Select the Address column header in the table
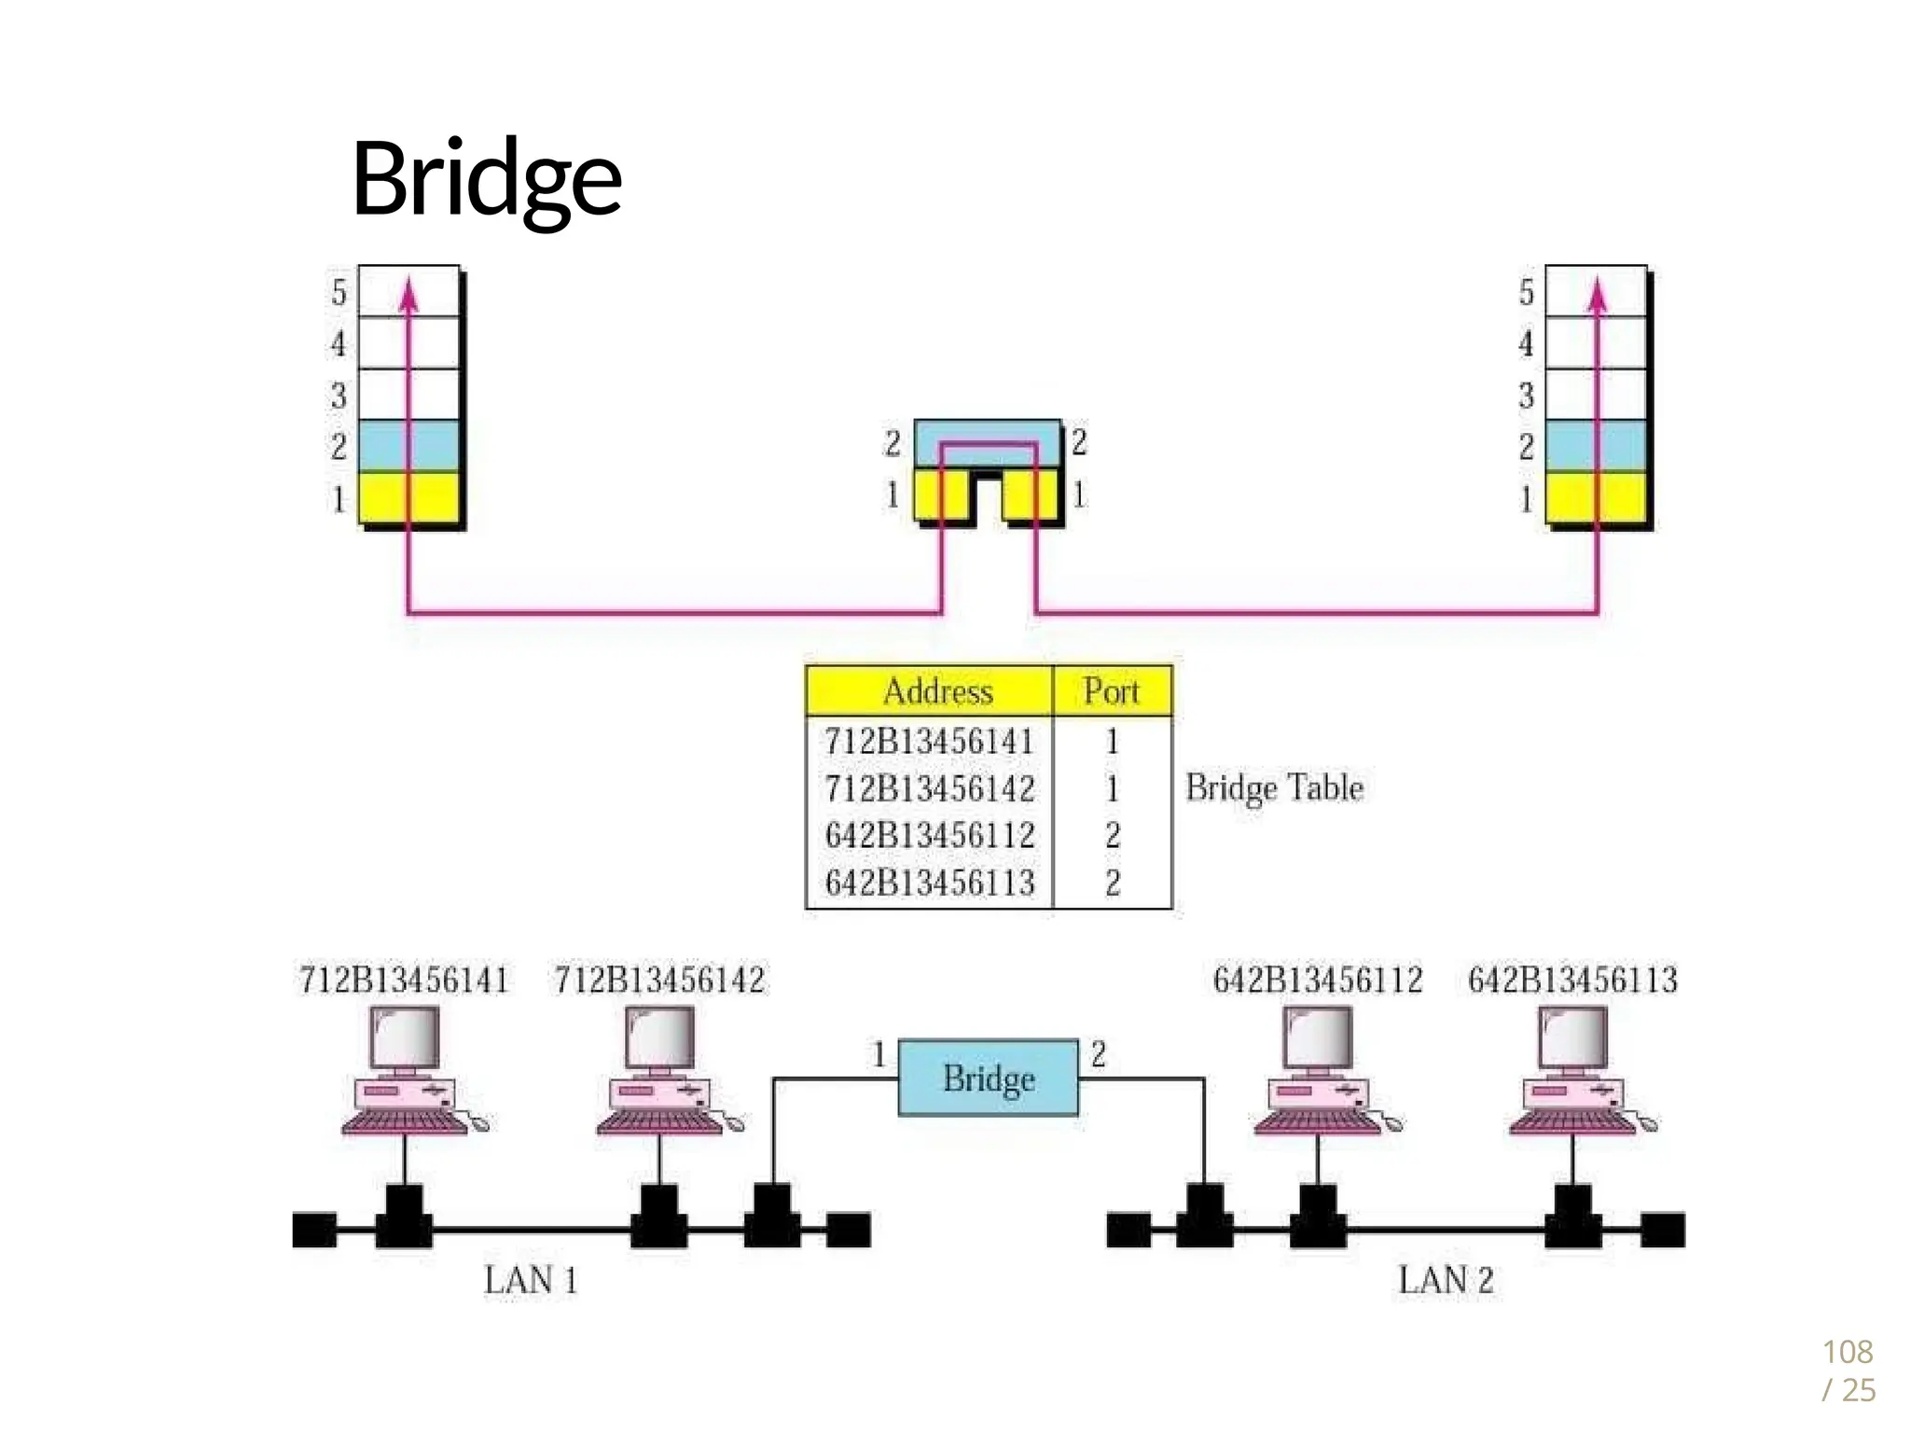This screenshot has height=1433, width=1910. (937, 691)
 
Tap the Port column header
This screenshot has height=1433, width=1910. (1111, 691)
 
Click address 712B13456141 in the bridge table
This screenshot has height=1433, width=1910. (929, 742)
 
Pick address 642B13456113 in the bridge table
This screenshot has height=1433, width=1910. (930, 882)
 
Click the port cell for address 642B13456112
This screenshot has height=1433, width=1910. (1113, 835)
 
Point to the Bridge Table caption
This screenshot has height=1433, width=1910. (1274, 788)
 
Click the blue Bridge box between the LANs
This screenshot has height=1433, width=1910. (988, 1078)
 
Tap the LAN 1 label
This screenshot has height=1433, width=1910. (530, 1280)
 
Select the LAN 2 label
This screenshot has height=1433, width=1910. (1446, 1280)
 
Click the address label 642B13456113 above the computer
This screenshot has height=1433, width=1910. (1572, 981)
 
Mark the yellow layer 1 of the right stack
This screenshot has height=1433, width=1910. (1596, 497)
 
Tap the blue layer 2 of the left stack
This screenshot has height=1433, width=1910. (408, 446)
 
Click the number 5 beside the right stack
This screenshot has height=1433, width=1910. (1526, 293)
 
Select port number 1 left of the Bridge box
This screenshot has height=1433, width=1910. (878, 1055)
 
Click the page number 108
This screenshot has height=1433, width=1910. (1847, 1352)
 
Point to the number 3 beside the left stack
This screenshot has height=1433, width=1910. (339, 396)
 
